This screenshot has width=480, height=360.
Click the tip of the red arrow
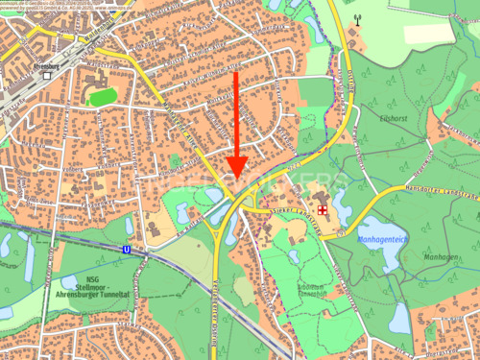(237, 180)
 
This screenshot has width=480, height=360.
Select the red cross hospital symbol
(324, 208)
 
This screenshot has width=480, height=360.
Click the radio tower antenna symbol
(358, 17)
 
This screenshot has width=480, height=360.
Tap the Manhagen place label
(441, 257)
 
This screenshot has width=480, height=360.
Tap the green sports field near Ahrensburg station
(101, 97)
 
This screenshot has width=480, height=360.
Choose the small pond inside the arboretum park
(294, 256)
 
